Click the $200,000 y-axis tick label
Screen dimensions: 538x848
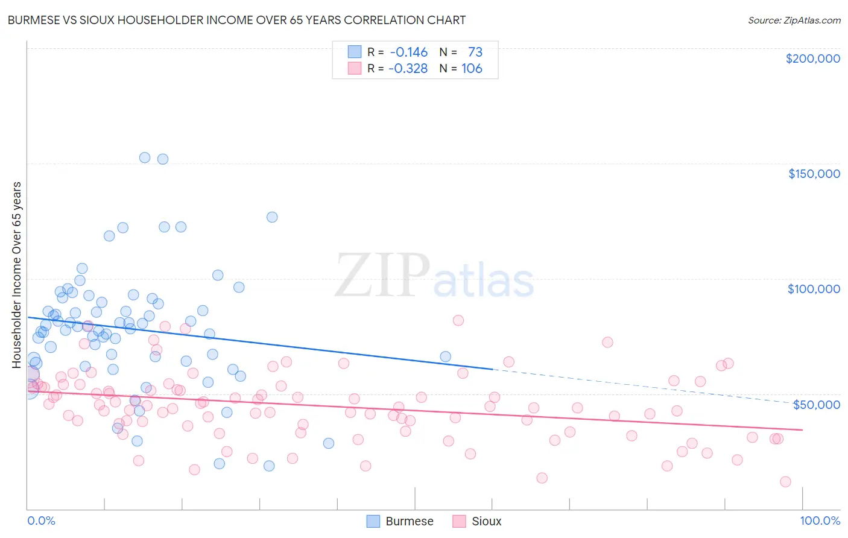[x=812, y=59]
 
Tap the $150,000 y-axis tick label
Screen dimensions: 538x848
[x=814, y=174]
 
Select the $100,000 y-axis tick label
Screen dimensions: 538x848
[x=814, y=289]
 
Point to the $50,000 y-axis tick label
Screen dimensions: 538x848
[x=816, y=404]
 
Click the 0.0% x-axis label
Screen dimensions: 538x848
[x=41, y=521]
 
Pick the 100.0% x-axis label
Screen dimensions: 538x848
[x=820, y=521]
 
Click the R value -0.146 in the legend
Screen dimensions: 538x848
[x=408, y=52]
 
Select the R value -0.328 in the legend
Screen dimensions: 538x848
[x=408, y=68]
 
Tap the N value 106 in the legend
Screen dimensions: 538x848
[x=472, y=68]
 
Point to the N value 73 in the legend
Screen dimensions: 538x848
[x=475, y=52]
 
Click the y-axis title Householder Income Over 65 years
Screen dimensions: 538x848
[x=17, y=274]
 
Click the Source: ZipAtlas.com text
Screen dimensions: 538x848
[x=794, y=20]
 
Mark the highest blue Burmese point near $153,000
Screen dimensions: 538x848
[x=145, y=157]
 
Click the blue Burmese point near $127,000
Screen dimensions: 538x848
[x=272, y=217]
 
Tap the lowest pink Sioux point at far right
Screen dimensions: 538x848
[x=785, y=481]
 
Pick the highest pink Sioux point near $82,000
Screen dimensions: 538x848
[x=458, y=320]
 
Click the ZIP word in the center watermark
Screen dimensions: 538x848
[x=382, y=276]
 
